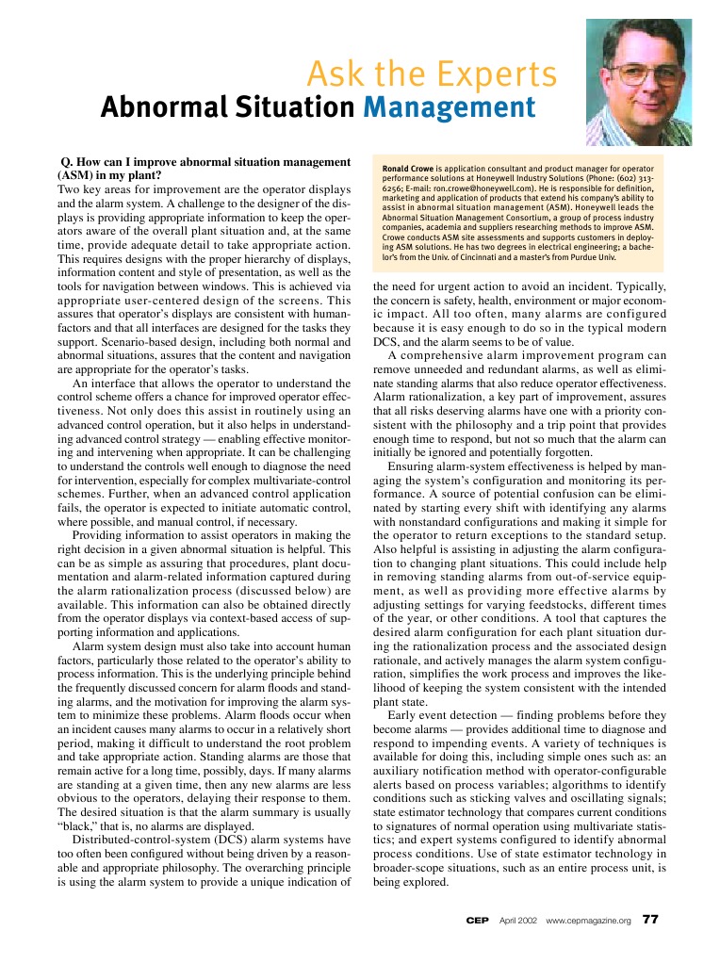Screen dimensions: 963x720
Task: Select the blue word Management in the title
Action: point(449,108)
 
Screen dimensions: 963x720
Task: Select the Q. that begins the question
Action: point(66,162)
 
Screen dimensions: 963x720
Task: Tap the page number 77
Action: point(649,919)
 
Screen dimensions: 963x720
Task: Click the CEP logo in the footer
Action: point(477,920)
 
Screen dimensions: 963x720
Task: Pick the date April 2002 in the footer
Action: point(517,920)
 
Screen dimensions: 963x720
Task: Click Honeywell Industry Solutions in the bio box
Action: point(527,178)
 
